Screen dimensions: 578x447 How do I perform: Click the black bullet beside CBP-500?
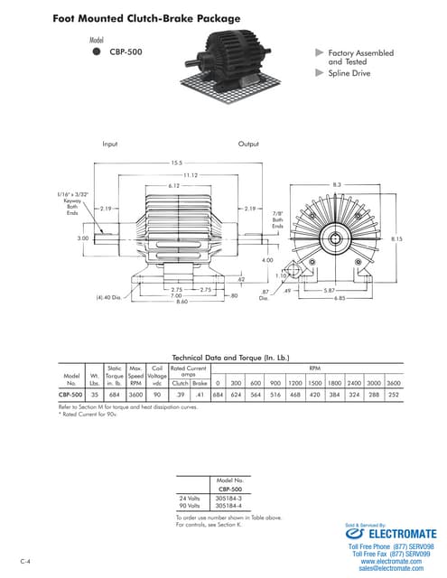[97, 52]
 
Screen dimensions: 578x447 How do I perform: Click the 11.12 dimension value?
[190, 174]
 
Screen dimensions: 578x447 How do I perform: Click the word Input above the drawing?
[110, 144]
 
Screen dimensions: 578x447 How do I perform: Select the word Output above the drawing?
[248, 144]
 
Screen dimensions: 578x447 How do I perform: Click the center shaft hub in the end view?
[337, 238]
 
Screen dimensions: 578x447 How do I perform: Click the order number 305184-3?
[229, 498]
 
